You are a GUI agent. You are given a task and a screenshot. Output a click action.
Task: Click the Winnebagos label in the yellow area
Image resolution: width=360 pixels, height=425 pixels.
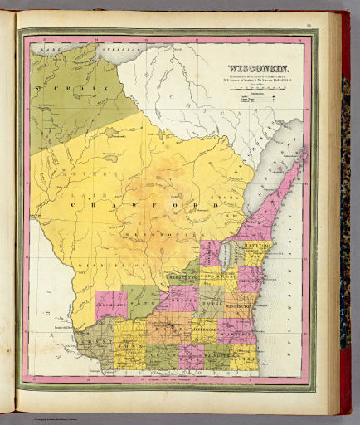point(93,266)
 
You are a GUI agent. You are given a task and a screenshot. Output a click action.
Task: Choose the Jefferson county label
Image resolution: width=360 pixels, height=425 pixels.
point(207,330)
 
